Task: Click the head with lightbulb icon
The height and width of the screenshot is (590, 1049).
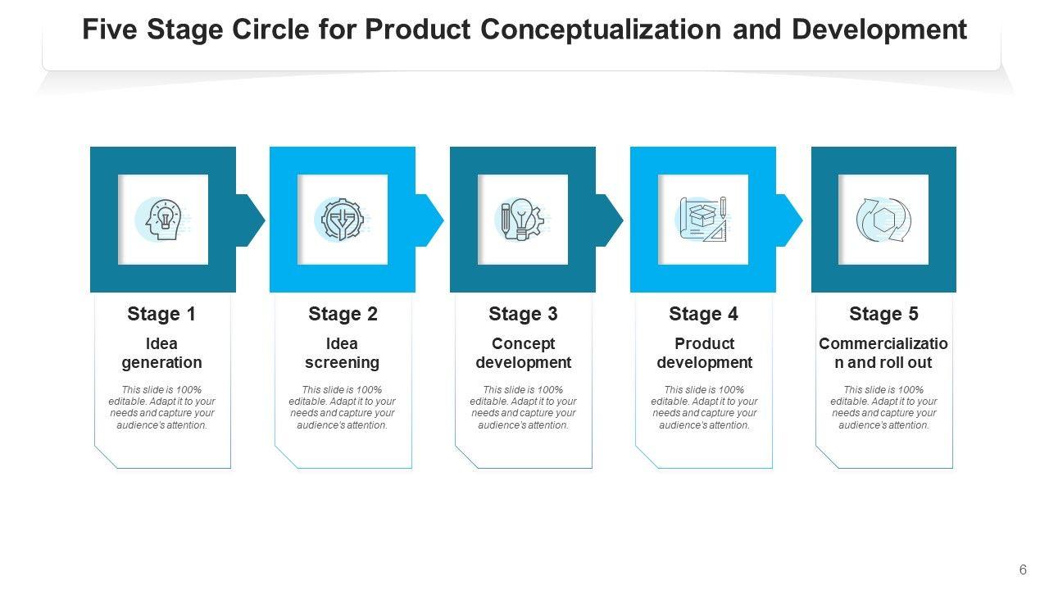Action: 162,220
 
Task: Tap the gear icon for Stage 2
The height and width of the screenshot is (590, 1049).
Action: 342,220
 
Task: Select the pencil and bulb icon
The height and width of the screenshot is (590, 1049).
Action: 523,220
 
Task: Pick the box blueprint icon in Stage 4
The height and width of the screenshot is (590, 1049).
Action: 703,220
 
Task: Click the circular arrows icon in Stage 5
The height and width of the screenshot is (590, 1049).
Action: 883,220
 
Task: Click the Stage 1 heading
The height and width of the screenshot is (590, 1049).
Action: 161,315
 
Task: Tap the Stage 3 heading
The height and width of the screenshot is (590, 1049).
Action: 523,315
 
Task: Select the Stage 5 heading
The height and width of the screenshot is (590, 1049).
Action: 883,315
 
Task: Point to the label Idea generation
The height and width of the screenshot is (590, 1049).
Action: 161,353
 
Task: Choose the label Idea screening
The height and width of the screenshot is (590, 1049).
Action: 342,353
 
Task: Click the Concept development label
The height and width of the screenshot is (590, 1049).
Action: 523,353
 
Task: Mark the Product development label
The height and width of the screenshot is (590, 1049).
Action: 704,353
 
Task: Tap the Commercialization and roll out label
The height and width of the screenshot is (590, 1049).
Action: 883,353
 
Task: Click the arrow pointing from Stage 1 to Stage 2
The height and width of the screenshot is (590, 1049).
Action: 250,220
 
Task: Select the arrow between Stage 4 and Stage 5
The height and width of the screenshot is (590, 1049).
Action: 789,220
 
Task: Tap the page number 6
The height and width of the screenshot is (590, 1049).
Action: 1023,570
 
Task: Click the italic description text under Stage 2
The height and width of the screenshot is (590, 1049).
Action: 342,407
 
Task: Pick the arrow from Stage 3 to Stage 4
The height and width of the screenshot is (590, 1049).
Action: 610,220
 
